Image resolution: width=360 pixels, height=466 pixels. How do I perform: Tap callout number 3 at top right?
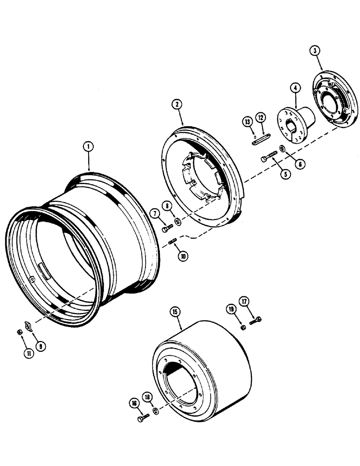coord(317,52)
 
